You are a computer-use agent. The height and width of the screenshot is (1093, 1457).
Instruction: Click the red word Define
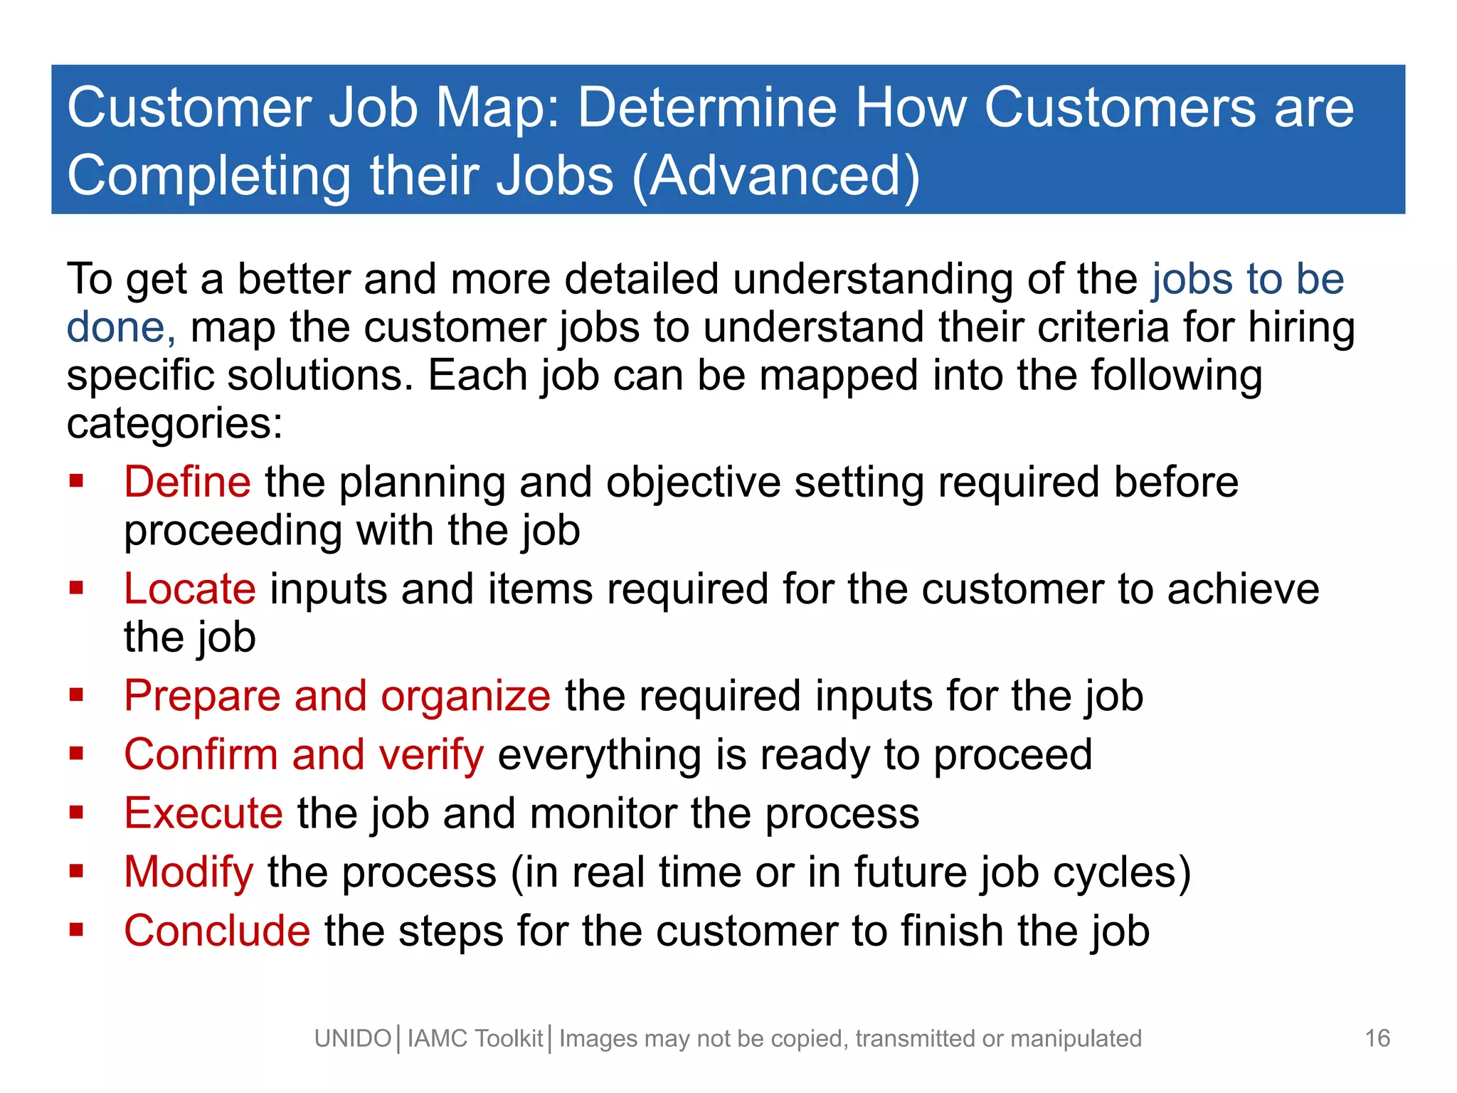pyautogui.click(x=187, y=482)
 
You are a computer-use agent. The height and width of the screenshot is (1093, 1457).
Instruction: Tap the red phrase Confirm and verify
pyautogui.click(x=304, y=754)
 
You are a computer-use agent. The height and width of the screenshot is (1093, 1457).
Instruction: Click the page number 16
pyautogui.click(x=1377, y=1038)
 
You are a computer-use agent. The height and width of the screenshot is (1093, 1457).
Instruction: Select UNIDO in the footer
pyautogui.click(x=353, y=1039)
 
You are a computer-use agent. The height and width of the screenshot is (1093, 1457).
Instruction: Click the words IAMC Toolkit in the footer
pyautogui.click(x=475, y=1039)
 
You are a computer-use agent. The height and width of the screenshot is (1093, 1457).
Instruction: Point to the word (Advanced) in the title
pyautogui.click(x=776, y=175)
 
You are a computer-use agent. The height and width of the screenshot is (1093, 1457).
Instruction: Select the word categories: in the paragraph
pyautogui.click(x=175, y=423)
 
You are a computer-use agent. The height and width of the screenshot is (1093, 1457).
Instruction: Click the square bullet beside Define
pyautogui.click(x=77, y=481)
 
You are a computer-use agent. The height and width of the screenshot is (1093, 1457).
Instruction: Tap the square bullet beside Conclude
pyautogui.click(x=77, y=929)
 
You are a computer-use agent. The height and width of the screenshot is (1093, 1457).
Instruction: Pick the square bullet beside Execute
pyautogui.click(x=77, y=812)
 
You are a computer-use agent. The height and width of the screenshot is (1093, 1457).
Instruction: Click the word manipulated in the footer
pyautogui.click(x=1076, y=1039)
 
